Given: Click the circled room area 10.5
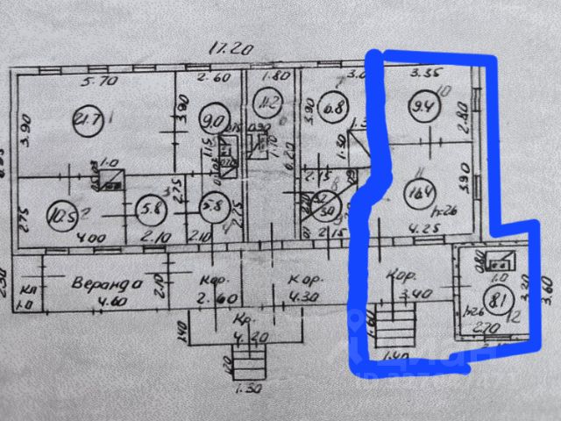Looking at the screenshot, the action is (x=60, y=213).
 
